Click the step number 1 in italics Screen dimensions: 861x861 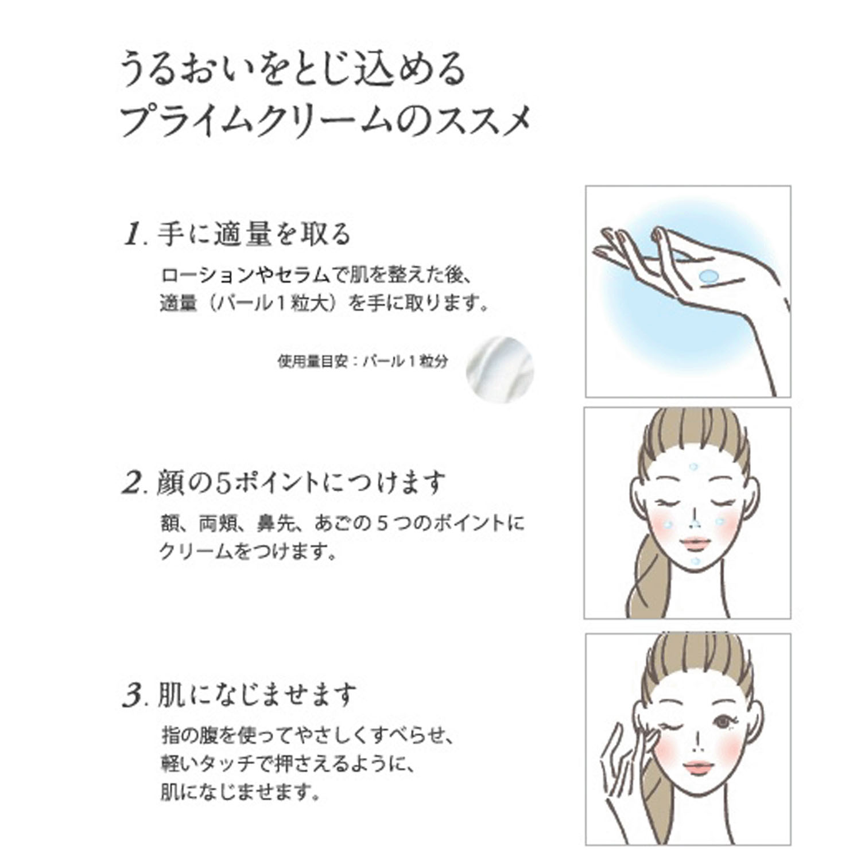coord(132,235)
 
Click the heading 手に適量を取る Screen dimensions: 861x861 coord(253,234)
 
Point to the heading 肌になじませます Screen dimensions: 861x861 coord(257,695)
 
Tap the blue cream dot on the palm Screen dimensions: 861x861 coord(710,276)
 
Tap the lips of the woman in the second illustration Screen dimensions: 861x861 coord(695,542)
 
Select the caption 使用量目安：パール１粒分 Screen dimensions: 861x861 coord(362,362)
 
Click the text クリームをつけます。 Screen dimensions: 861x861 coord(247,552)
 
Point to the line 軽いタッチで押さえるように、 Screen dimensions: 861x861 coord(287,764)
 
